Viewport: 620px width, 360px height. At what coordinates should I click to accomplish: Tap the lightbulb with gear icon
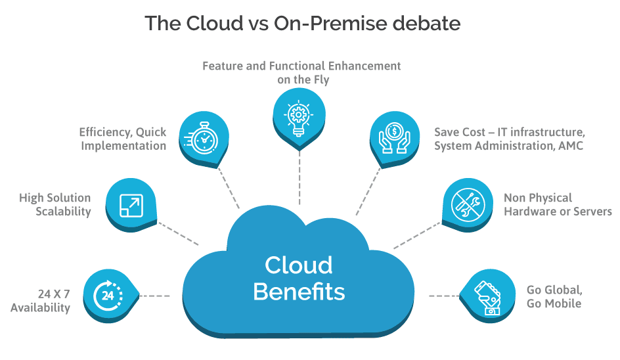299,118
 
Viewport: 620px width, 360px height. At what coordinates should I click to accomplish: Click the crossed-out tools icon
468,204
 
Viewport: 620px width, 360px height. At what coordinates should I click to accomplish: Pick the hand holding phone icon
487,298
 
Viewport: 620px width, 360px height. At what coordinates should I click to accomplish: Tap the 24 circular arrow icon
108,295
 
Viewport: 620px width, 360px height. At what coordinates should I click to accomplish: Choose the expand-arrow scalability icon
131,206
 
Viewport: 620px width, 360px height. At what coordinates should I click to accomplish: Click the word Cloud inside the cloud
299,265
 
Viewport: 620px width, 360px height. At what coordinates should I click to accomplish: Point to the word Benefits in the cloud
299,292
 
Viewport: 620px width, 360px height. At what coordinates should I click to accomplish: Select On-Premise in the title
330,23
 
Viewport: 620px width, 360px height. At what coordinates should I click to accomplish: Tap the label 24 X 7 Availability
40,301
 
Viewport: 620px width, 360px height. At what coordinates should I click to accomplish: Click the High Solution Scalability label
55,204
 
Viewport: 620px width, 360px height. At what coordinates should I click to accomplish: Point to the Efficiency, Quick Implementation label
123,139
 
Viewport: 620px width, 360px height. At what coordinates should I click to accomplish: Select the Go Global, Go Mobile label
554,296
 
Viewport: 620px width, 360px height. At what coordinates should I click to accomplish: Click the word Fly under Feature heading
321,80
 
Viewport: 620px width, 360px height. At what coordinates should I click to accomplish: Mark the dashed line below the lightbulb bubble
299,177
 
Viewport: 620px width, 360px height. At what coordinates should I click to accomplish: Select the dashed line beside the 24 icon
154,296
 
